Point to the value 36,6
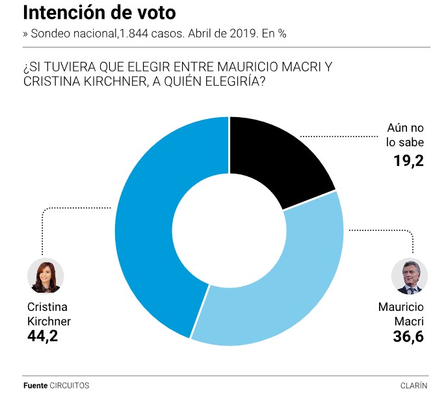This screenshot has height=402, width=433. tap(407, 336)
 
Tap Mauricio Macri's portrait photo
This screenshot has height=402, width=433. tap(410, 275)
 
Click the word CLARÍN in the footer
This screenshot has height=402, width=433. tap(414, 385)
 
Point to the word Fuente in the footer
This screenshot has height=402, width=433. tap(35, 385)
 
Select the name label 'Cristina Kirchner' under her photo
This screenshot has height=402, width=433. tap(49, 314)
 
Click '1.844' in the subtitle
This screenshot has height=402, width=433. tap(132, 33)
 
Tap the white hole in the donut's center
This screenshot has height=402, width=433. tap(229, 230)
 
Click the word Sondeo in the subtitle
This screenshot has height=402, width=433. tap(51, 33)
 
